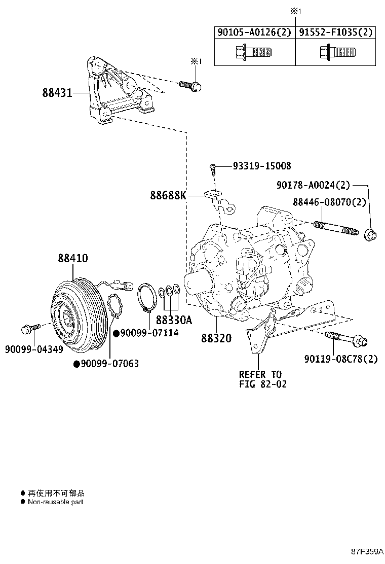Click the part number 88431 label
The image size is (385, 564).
57,93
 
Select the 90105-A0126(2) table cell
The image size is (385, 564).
254,32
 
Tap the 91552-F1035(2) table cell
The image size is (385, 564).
335,32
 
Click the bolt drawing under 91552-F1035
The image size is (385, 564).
336,52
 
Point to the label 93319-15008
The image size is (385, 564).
262,166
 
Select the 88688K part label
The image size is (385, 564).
168,195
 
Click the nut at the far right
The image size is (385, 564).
371,234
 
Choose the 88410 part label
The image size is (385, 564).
72,258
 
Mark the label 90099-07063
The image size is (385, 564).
109,364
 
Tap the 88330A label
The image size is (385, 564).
174,321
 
